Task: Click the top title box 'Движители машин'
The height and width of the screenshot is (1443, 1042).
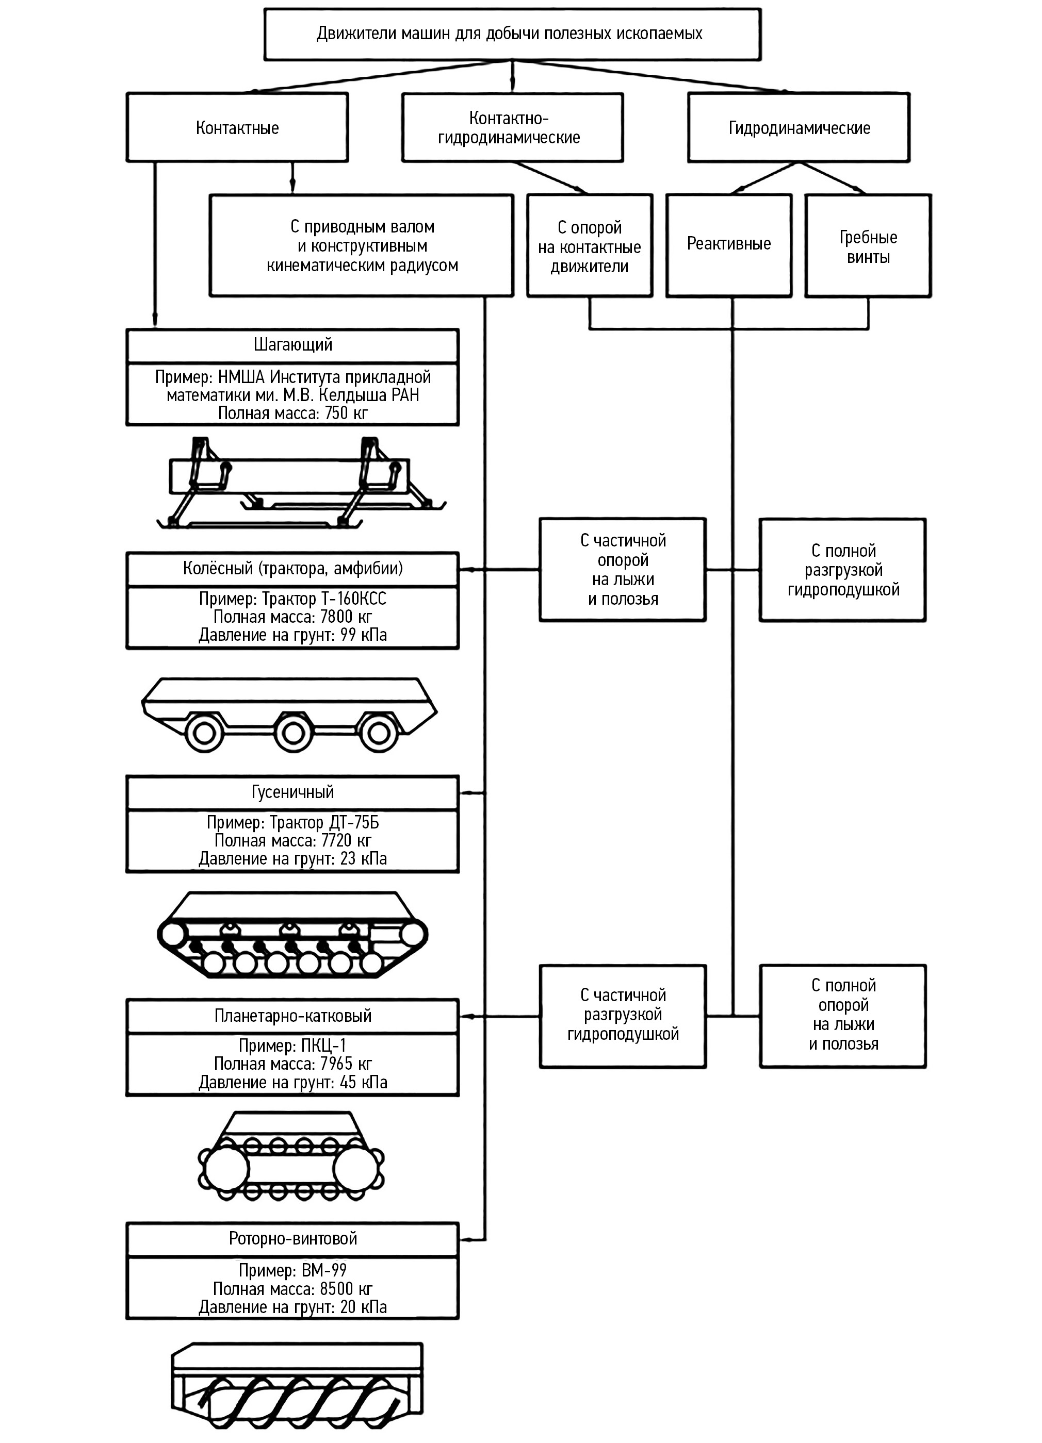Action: pyautogui.click(x=512, y=35)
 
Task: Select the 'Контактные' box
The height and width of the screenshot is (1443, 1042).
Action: pyautogui.click(x=237, y=128)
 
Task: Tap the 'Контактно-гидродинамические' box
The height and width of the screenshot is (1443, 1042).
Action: pyautogui.click(x=512, y=128)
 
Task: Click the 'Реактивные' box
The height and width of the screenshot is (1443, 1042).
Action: pyautogui.click(x=729, y=244)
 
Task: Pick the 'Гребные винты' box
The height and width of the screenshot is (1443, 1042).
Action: pyautogui.click(x=868, y=247)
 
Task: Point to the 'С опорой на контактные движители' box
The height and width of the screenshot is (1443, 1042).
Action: pyautogui.click(x=590, y=247)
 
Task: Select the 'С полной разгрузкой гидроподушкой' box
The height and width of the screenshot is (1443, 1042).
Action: pyautogui.click(x=842, y=570)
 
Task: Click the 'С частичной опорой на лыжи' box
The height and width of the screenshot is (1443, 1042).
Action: pyautogui.click(x=623, y=570)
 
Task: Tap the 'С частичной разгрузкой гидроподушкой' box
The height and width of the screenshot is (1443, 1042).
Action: pyautogui.click(x=623, y=1016)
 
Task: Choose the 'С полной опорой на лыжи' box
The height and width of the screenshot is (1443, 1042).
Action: pyautogui.click(x=842, y=1016)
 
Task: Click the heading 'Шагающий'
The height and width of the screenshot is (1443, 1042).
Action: pyautogui.click(x=293, y=345)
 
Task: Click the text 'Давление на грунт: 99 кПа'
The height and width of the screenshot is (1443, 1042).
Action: pyautogui.click(x=293, y=635)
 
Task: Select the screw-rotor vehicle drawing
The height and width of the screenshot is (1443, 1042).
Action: pyautogui.click(x=297, y=1387)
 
